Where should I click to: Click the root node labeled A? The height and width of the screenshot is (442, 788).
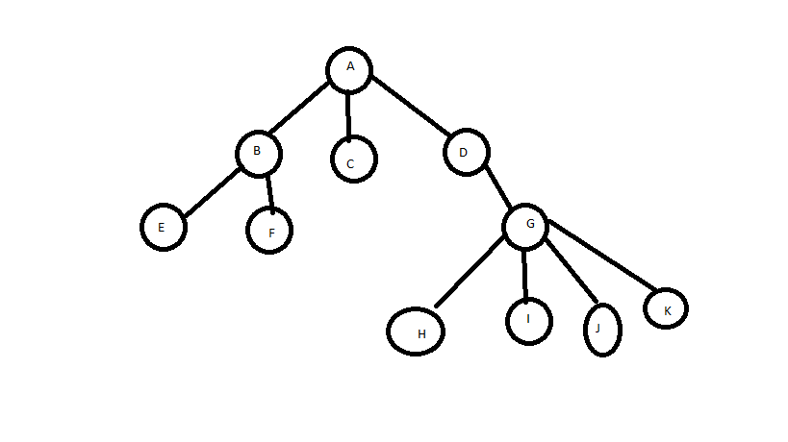coord(349,68)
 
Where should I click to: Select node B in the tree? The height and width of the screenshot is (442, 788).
coord(258,152)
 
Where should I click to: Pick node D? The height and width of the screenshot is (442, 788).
coord(466,151)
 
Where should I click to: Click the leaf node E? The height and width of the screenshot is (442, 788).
coord(163,227)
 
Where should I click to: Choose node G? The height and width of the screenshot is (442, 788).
coord(525,226)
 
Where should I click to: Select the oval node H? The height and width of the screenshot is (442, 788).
coord(419,331)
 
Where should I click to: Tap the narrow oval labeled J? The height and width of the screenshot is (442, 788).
coord(602,329)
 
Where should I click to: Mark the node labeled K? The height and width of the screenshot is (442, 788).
coord(666,308)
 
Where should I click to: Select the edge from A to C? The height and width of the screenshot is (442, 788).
coord(348,114)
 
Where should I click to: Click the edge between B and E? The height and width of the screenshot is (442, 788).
coord(211,193)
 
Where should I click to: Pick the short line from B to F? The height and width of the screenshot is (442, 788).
coord(270,191)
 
